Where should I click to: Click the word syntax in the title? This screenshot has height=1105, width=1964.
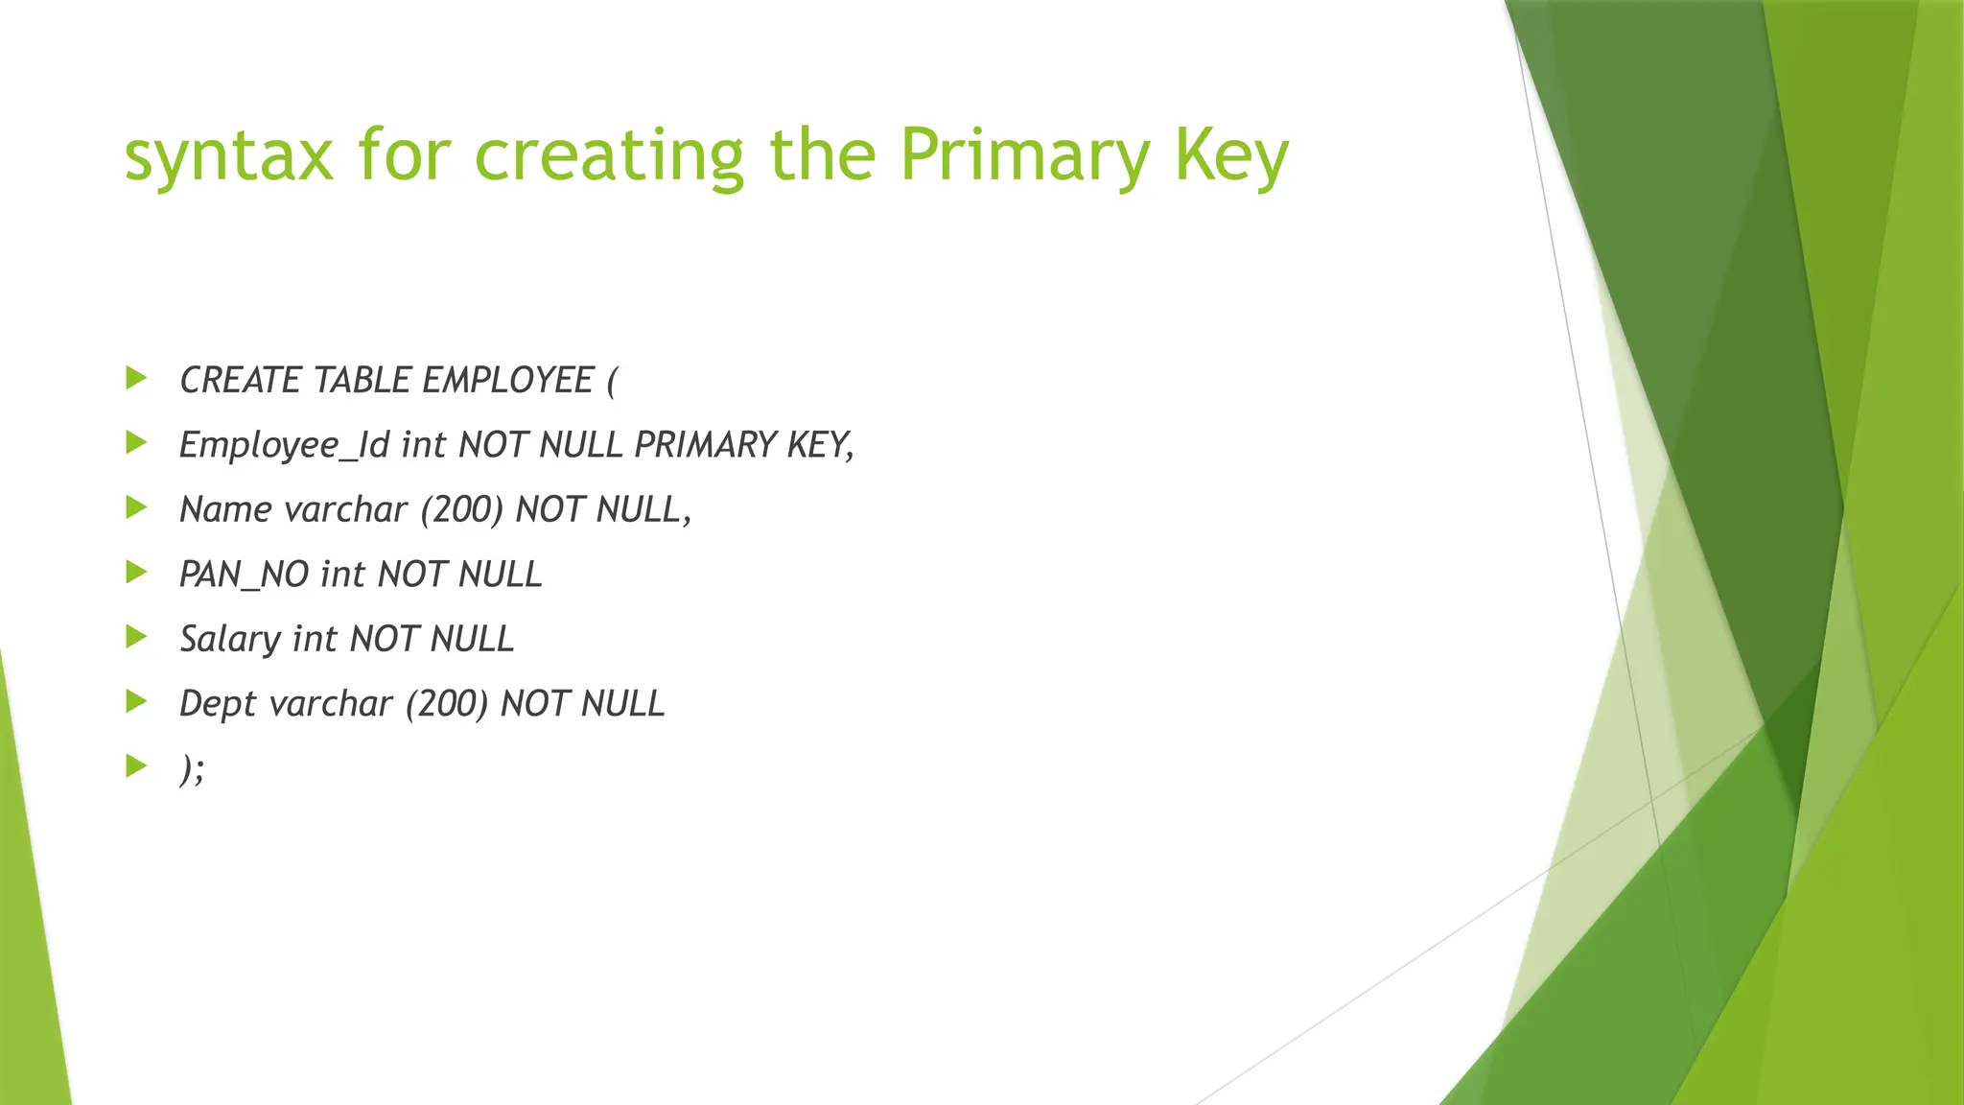[228, 157]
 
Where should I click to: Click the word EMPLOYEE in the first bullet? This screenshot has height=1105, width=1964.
[508, 381]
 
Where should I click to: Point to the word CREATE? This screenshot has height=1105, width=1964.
[241, 381]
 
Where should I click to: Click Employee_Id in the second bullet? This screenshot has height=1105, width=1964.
[284, 446]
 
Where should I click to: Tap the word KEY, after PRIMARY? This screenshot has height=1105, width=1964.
[820, 445]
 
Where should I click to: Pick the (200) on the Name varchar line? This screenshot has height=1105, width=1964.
[461, 509]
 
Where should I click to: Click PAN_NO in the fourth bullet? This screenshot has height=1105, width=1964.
[244, 575]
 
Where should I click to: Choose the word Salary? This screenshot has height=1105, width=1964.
[230, 640]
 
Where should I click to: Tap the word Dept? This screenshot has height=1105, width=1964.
[218, 704]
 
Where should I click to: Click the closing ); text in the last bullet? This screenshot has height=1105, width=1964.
[192, 768]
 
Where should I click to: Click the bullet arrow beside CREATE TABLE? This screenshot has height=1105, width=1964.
[136, 378]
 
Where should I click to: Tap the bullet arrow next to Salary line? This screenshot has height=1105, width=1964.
[136, 637]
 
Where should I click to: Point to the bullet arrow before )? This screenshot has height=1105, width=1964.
[136, 765]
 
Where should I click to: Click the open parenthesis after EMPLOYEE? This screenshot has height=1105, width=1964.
[612, 381]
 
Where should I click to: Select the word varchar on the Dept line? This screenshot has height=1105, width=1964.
[332, 704]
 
